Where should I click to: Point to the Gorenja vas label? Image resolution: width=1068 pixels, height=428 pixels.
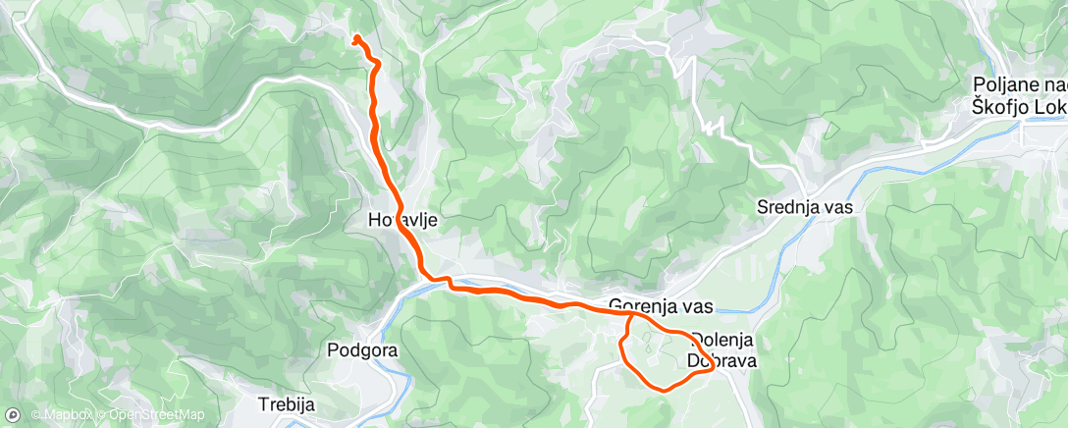[x=661, y=305]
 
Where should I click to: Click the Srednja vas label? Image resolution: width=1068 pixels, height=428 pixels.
[x=804, y=207]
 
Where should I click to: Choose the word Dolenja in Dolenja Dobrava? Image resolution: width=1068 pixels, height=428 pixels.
[x=724, y=341]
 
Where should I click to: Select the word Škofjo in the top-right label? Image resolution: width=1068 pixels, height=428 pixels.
[x=1002, y=106]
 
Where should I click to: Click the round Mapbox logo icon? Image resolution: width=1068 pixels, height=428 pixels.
[x=12, y=415]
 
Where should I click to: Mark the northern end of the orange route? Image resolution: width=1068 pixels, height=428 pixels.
[x=355, y=38]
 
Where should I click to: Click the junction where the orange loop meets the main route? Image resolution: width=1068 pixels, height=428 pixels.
[x=629, y=315]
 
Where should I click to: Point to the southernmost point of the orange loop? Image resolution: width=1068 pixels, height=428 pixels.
[x=665, y=389]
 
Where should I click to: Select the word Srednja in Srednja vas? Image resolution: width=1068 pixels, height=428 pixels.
[x=788, y=207]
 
